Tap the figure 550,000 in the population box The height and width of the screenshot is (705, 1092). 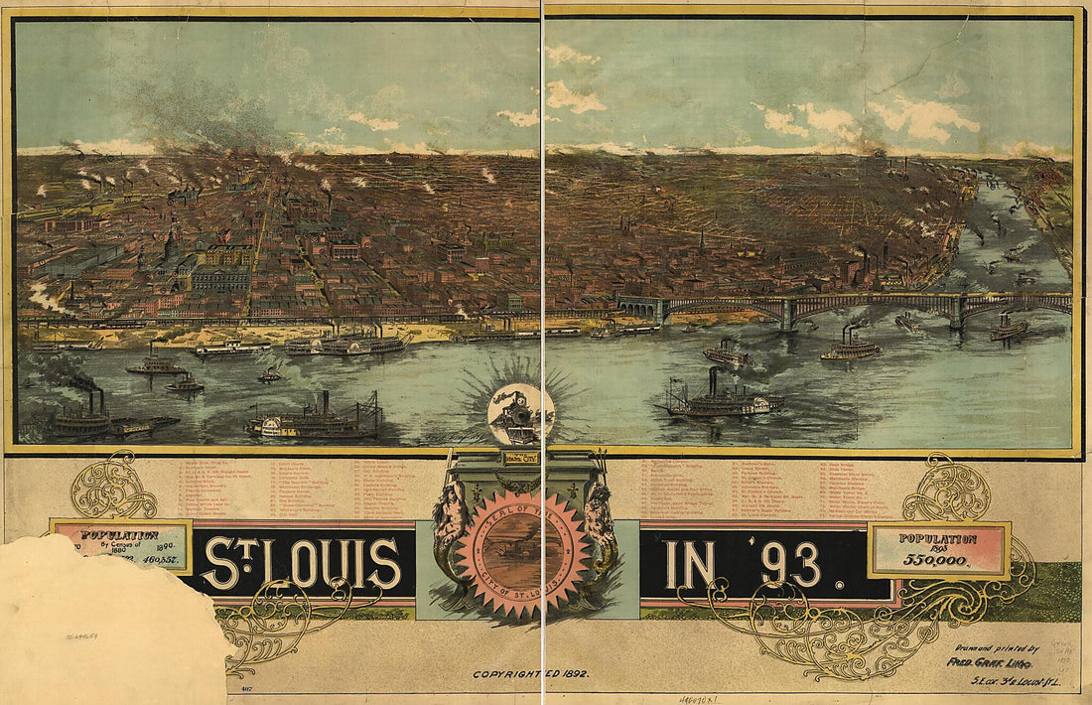[x=938, y=560]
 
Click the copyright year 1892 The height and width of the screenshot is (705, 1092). [x=569, y=674]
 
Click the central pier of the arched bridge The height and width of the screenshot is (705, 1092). [x=789, y=314]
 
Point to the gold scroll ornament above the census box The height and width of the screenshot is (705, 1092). [x=112, y=486]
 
